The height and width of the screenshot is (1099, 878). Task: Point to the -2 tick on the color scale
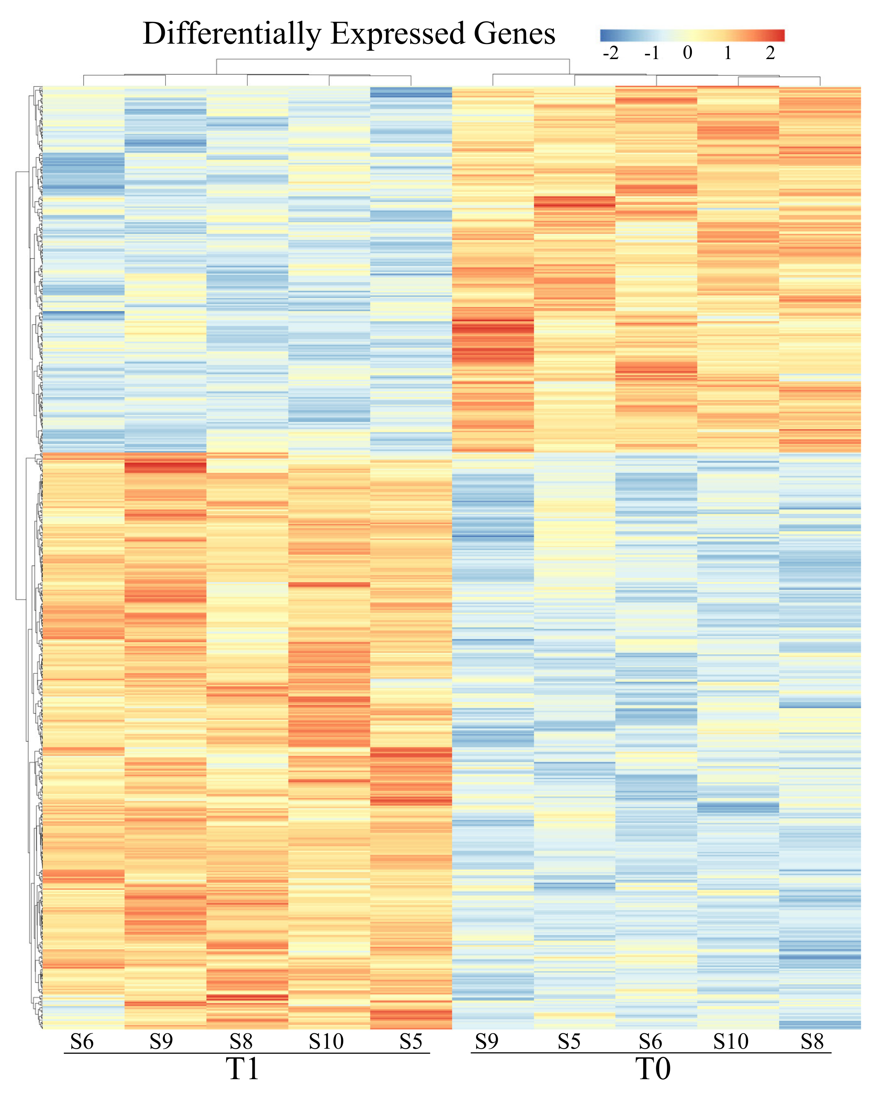[x=610, y=52]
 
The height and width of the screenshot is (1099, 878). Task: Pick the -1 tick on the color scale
[x=652, y=52]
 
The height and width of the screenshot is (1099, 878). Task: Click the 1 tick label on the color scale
[x=728, y=52]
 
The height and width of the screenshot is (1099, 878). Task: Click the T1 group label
[x=243, y=1069]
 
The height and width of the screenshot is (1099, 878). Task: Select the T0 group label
[x=653, y=1069]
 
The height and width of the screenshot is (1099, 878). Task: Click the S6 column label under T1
[x=82, y=1041]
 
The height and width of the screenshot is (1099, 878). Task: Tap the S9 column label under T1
[x=161, y=1041]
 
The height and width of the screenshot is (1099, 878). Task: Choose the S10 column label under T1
[x=326, y=1041]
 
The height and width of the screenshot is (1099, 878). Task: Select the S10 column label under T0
[x=731, y=1041]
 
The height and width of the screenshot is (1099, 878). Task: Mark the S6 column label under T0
[x=650, y=1041]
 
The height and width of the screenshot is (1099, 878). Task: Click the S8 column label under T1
[x=241, y=1041]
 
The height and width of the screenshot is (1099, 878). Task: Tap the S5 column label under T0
[x=569, y=1041]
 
